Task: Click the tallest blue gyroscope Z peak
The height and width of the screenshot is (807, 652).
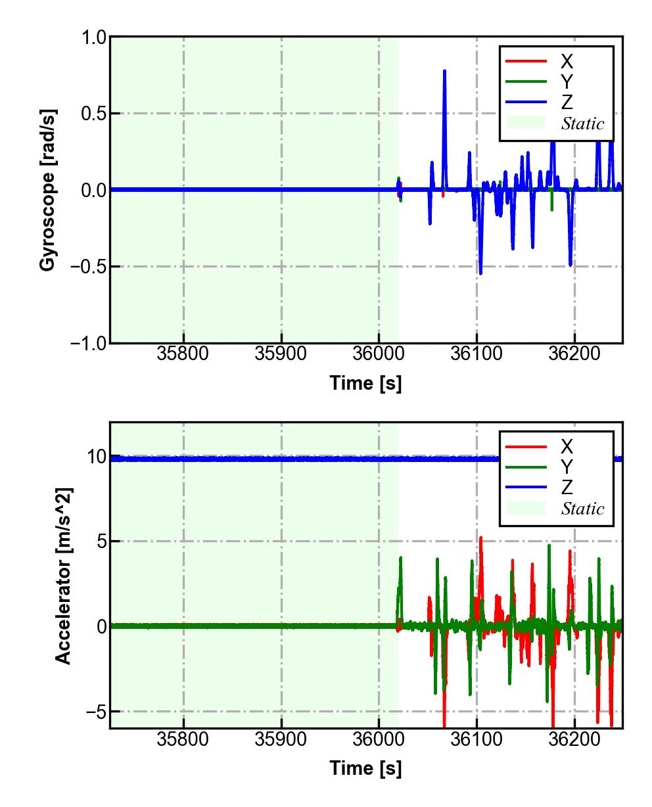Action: click(x=444, y=71)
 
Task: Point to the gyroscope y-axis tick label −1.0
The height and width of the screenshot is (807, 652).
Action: click(x=89, y=343)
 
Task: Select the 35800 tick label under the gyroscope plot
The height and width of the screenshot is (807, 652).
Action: click(x=183, y=354)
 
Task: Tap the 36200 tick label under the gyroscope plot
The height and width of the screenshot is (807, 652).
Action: click(x=574, y=354)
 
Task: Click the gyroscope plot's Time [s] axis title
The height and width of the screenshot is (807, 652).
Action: click(x=365, y=383)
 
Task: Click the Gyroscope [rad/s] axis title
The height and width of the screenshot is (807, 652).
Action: click(x=47, y=190)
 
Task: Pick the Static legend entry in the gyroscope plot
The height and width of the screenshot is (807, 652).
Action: click(x=582, y=124)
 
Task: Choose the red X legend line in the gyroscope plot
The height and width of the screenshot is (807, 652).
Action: click(x=526, y=62)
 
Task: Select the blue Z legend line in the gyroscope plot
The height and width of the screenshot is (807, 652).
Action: click(x=526, y=103)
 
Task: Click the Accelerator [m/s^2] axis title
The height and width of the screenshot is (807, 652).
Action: click(x=62, y=576)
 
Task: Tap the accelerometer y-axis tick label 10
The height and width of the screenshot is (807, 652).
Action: click(x=97, y=457)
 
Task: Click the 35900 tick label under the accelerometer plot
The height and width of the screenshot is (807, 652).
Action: click(x=281, y=739)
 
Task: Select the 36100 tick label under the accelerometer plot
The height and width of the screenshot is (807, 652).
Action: click(x=477, y=739)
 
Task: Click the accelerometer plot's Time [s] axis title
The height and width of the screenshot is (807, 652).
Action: click(x=365, y=768)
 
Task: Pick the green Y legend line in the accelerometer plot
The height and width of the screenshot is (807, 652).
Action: click(x=526, y=467)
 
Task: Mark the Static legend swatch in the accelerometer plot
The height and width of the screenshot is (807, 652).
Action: click(x=526, y=508)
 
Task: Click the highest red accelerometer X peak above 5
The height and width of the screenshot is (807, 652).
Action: click(x=480, y=538)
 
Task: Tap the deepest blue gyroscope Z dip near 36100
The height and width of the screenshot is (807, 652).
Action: click(x=480, y=273)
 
